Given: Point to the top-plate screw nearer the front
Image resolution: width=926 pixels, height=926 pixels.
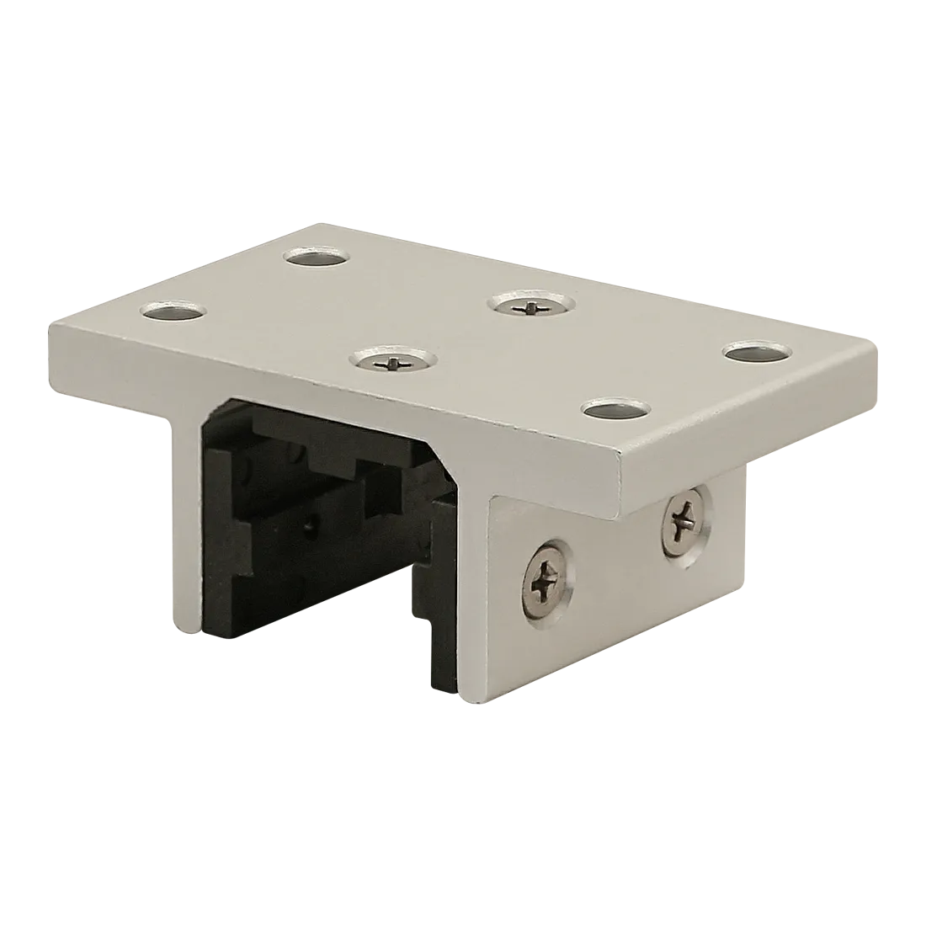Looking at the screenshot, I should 391,362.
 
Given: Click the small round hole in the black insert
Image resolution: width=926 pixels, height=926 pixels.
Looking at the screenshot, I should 312,527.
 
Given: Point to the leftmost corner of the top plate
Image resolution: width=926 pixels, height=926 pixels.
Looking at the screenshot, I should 51,324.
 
